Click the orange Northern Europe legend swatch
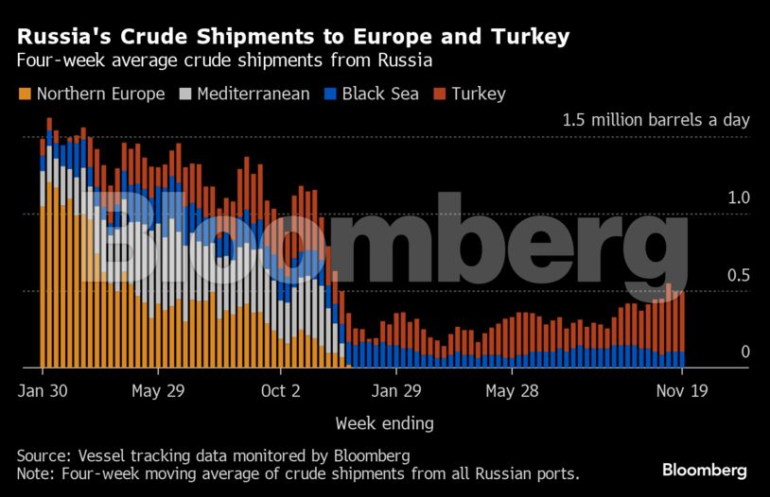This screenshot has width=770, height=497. [25, 94]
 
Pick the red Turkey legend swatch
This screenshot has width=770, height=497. [440, 94]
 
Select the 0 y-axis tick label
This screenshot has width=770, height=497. [744, 352]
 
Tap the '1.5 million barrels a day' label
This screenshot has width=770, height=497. [656, 121]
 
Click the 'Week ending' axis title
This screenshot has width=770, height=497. [384, 422]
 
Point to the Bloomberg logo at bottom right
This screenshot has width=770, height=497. [704, 470]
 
